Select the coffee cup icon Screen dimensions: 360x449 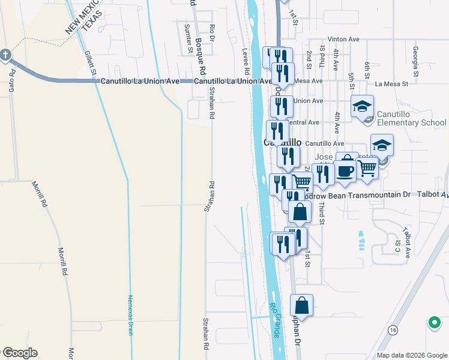[x=345, y=171]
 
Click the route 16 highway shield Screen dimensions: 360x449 [x=393, y=330]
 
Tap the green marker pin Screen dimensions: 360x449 [x=434, y=323]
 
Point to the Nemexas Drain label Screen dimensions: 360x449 [x=130, y=313]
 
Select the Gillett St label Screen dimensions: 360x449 [x=91, y=62]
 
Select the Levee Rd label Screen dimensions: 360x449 [x=246, y=61]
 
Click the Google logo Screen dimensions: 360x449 [x=19, y=353]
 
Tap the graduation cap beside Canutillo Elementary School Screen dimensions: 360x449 [x=362, y=106]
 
